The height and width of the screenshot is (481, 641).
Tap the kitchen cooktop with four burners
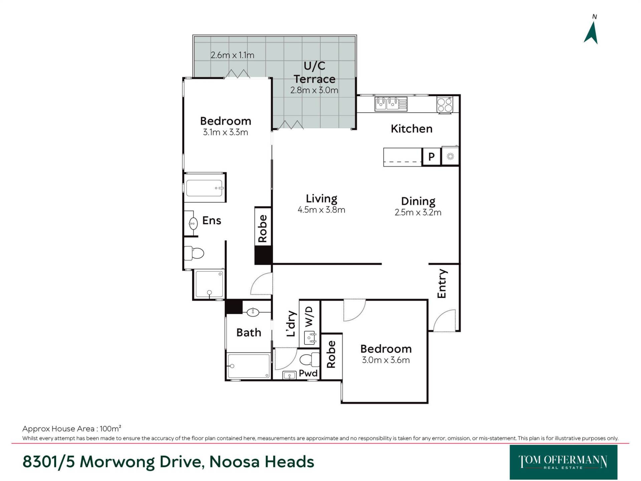click(x=445, y=105)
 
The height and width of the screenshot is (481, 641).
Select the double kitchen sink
click(x=391, y=104)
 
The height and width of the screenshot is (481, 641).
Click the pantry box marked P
click(x=431, y=156)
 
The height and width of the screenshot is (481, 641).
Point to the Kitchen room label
click(x=411, y=129)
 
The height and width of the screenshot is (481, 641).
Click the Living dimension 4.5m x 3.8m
click(x=321, y=210)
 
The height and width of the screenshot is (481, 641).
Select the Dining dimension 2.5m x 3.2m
click(x=418, y=212)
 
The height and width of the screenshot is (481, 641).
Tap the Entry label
click(x=442, y=284)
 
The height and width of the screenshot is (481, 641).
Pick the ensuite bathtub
click(x=205, y=188)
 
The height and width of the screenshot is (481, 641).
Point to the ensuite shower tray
click(x=209, y=284)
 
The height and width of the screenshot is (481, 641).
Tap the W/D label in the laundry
click(x=309, y=316)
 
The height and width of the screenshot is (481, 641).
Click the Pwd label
click(x=308, y=373)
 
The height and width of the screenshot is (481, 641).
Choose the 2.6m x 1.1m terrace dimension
click(x=232, y=55)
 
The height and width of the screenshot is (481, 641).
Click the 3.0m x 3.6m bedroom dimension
click(x=386, y=360)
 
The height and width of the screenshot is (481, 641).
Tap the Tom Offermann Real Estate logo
click(x=563, y=462)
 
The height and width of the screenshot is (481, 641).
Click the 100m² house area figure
click(x=111, y=428)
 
